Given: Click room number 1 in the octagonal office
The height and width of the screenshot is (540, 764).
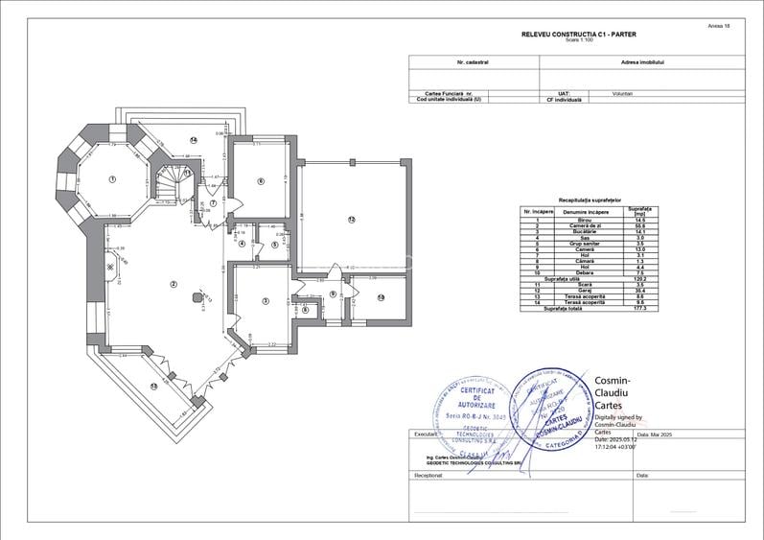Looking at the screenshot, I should (x=112, y=179).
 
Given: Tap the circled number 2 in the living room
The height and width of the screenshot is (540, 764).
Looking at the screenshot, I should (x=174, y=284).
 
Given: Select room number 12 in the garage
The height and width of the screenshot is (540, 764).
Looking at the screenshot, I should (x=352, y=221).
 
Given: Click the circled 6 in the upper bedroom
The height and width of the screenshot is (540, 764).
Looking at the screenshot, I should (x=260, y=180).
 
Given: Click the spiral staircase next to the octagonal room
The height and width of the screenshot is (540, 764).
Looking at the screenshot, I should (x=174, y=183).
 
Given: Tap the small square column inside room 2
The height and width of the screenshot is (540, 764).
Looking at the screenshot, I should (x=198, y=299).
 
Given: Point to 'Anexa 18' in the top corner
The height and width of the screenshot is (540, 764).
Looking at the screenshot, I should (x=718, y=26).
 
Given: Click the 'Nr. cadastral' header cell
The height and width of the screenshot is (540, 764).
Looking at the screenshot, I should (x=474, y=61).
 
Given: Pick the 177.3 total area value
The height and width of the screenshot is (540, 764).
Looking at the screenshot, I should (x=637, y=309).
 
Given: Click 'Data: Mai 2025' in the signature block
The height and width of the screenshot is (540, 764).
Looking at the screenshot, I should (x=660, y=434).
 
